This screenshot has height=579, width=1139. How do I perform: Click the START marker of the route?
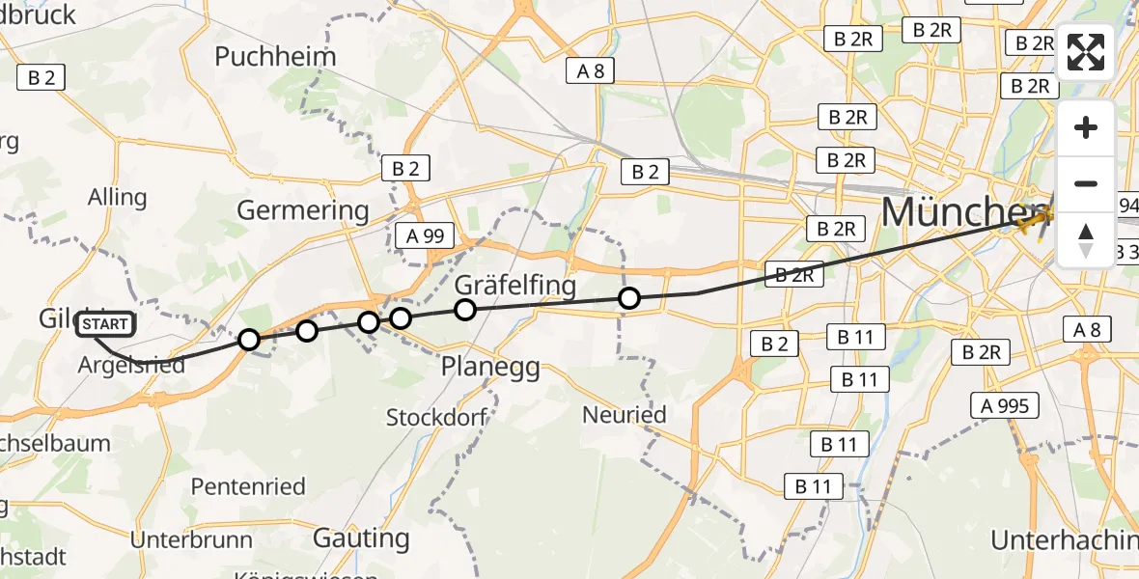pos(105,325)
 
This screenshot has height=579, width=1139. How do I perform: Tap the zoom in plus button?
pos(1086,127)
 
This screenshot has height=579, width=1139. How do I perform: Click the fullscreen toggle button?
pos(1086,52)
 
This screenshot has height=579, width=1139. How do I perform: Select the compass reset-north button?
pos(1086,239)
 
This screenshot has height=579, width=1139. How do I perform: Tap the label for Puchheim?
pos(275,56)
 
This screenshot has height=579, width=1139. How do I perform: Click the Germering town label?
pos(303,209)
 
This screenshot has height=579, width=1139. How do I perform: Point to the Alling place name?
pos(117,198)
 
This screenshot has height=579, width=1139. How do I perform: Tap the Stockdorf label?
pos(436,418)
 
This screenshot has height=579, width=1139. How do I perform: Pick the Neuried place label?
pos(625,415)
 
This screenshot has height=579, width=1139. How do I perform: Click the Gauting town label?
pos(361,538)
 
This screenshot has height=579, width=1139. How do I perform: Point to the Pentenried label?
pos(247,486)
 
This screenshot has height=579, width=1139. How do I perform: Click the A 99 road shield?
pos(426,234)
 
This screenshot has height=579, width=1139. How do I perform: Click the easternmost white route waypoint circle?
pos(629,298)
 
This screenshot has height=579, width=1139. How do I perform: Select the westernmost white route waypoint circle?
pos(249,340)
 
